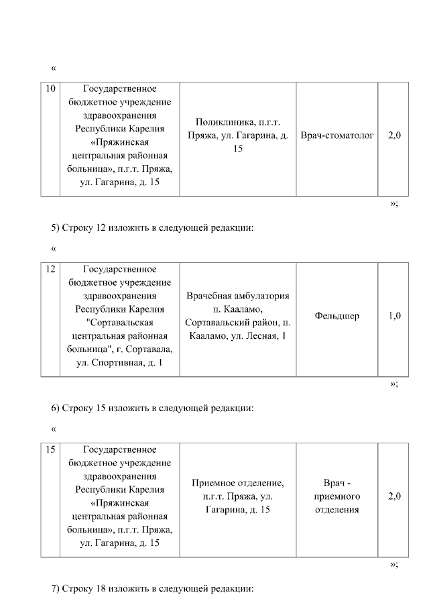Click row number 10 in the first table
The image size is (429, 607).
tap(50, 89)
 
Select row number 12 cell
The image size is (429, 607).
tap(50, 270)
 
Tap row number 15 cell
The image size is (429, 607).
tap(50, 449)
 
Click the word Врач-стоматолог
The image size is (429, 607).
tap(337, 135)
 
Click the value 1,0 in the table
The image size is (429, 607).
tap(394, 316)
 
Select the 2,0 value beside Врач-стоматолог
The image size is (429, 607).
tap(394, 135)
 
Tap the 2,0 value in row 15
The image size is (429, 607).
tap(394, 496)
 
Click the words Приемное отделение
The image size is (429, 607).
tap(238, 483)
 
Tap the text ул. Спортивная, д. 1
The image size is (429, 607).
tap(120, 363)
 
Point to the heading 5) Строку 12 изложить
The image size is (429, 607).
tap(152, 227)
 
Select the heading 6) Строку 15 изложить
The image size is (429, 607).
tap(152, 407)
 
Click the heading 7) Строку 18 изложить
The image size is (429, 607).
tap(152, 589)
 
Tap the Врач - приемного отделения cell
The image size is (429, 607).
tap(336, 496)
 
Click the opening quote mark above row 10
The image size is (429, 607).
tap(54, 68)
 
